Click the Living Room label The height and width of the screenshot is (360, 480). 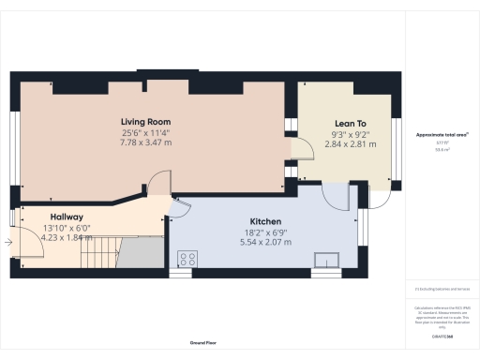[145, 122]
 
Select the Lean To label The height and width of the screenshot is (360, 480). [349, 123]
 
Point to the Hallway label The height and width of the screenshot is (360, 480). [67, 216]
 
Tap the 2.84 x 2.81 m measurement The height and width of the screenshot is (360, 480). [349, 143]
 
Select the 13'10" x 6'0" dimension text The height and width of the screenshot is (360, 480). [67, 228]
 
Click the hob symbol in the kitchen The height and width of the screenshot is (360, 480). [187, 259]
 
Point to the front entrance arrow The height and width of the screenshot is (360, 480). [7, 243]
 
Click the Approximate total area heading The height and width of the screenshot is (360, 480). [442, 135]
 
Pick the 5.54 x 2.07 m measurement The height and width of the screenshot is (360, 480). [264, 241]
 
